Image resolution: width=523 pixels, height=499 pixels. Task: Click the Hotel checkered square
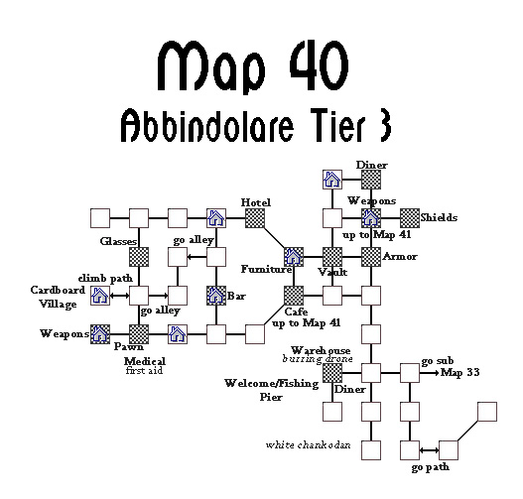pyautogui.click(x=255, y=218)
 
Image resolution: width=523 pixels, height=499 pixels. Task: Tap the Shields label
pyautogui.click(x=439, y=217)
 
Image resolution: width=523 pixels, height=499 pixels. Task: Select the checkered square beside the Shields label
pyautogui.click(x=410, y=218)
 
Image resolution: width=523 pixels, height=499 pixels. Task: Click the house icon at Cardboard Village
pyautogui.click(x=100, y=296)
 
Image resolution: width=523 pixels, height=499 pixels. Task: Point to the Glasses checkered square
pyautogui.click(x=139, y=257)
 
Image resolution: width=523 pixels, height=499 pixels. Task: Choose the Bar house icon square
pyautogui.click(x=216, y=296)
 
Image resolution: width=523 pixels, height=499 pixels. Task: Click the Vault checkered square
pyautogui.click(x=332, y=257)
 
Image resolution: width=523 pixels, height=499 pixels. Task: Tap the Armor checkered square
pyautogui.click(x=371, y=257)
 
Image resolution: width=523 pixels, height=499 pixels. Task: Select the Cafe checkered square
pyautogui.click(x=294, y=296)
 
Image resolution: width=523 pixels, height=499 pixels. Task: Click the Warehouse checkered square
pyautogui.click(x=332, y=373)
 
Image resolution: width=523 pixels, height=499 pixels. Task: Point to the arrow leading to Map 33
pyautogui.click(x=430, y=373)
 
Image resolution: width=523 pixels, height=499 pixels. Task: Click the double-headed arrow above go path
pyautogui.click(x=429, y=450)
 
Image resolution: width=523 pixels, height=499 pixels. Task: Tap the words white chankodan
pyautogui.click(x=308, y=445)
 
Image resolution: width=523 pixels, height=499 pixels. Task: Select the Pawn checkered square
pyautogui.click(x=139, y=334)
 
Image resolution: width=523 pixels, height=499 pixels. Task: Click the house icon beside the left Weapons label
pyautogui.click(x=100, y=334)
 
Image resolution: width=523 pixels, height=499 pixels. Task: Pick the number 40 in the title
pyautogui.click(x=319, y=65)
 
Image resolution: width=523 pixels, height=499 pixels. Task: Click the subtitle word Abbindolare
pyautogui.click(x=206, y=125)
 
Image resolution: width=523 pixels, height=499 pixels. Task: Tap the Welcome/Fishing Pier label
pyautogui.click(x=272, y=390)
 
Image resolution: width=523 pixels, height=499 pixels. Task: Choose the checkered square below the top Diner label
pyautogui.click(x=371, y=180)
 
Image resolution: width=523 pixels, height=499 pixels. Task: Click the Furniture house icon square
pyautogui.click(x=294, y=257)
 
